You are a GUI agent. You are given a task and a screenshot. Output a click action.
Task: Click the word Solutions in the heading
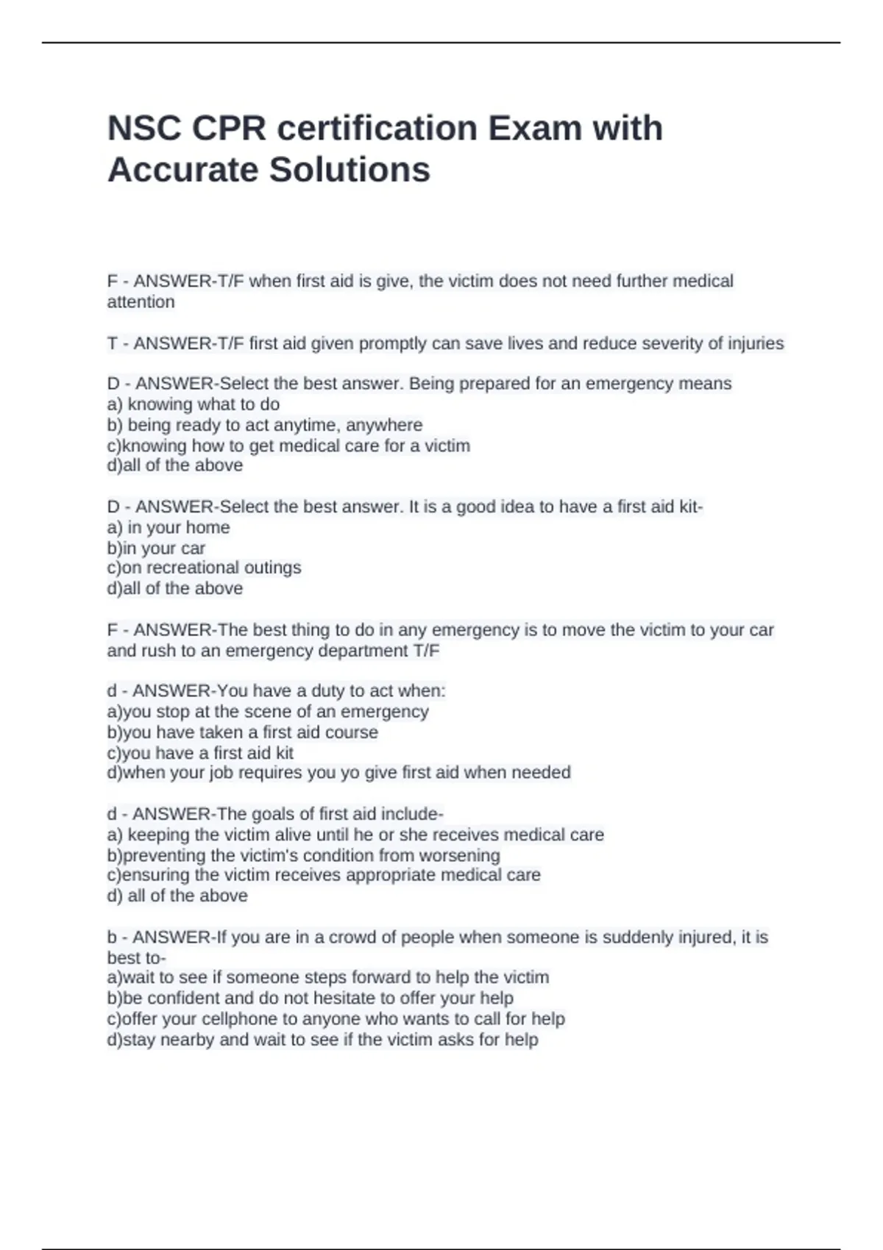point(350,170)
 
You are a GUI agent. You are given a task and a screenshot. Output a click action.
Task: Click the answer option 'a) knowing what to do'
point(194,404)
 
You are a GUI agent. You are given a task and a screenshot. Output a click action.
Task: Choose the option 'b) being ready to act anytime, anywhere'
point(265,425)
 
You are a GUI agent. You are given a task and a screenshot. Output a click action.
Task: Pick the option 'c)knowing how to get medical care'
point(288,446)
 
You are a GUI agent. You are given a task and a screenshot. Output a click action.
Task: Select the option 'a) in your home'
point(169,527)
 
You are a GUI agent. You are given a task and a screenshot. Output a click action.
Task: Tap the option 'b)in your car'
point(156,548)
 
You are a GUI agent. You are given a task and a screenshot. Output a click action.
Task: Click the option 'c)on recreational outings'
point(204,568)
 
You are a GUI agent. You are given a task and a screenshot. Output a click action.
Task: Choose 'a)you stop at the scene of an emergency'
point(268,712)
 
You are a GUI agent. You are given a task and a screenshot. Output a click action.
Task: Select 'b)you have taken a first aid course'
point(243,732)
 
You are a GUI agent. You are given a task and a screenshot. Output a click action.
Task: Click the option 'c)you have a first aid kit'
point(200,753)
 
